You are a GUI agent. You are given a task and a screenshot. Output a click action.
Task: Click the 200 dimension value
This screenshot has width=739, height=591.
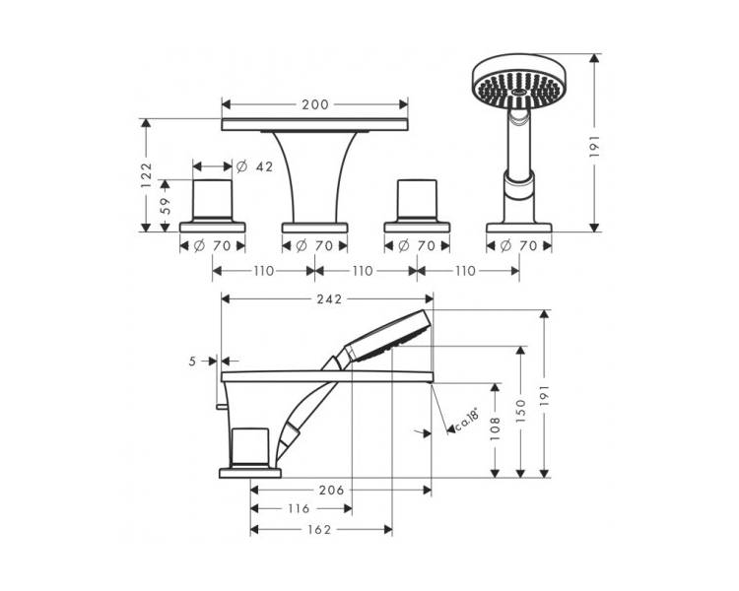pos(315,104)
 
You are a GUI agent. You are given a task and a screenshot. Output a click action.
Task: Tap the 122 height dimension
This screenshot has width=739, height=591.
pos(147,175)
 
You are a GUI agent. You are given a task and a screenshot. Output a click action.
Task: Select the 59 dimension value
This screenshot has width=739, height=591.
pos(165,206)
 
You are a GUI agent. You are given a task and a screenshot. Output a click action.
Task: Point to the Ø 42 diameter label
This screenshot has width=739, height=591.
pos(254,166)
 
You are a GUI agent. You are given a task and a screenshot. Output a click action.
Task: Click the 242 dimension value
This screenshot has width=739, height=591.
pos(329,298)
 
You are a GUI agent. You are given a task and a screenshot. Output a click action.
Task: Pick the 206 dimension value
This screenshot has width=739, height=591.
pos(331,491)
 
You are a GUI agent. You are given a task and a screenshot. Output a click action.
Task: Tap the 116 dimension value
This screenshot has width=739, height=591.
pos(299,508)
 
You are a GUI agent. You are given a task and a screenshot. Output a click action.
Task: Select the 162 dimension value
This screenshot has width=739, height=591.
pos(319,530)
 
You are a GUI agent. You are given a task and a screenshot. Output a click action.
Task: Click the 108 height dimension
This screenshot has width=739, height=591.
pos(495,428)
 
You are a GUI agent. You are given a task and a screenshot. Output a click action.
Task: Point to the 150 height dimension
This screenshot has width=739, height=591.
pos(521,410)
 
